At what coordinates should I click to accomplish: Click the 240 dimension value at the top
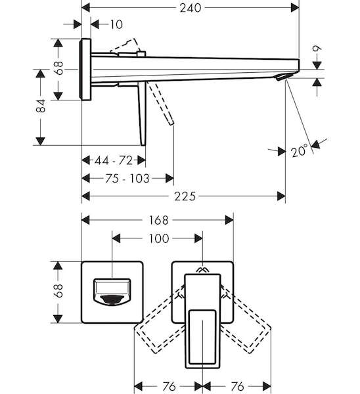coord(191,8)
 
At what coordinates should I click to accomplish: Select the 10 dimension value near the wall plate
coord(116,25)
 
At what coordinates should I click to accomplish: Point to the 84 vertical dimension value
coord(41,106)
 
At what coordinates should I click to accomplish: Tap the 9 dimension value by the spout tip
coord(317,48)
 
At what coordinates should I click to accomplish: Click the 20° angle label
coord(300,150)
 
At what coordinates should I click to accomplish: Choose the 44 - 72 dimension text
coord(114,160)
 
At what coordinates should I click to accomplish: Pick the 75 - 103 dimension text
coord(127,179)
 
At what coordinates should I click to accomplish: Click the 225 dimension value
coord(185,196)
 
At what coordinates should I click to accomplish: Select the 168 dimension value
coord(158,221)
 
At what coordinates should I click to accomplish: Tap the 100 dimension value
coord(159,238)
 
